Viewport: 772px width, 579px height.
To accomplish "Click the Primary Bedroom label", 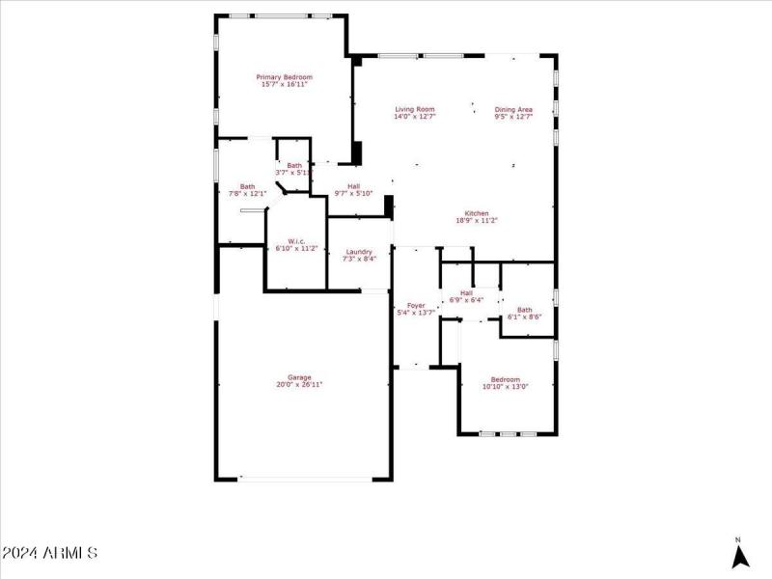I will coord(284,77).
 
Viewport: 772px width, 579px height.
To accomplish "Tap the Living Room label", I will coord(415,109).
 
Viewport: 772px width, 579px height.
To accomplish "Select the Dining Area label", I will coord(513,109).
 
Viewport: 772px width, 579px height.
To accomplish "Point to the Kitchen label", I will coord(477,213).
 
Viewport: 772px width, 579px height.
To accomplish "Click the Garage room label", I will coord(299,377).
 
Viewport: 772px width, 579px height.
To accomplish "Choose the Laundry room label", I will coord(360,252).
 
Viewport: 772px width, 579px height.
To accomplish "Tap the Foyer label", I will coord(416,305).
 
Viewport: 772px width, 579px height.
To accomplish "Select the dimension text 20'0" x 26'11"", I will coord(299,385).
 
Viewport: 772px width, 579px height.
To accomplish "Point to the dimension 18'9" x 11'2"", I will coord(477,221).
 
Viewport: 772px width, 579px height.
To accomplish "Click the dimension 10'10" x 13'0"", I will coord(506,387).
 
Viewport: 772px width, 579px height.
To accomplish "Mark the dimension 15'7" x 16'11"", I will coord(284,85).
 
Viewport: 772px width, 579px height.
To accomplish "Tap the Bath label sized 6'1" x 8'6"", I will coord(524,310).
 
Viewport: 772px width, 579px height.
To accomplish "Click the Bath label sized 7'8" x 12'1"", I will coord(248,186).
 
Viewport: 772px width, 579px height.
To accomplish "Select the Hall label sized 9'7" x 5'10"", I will coord(353,186).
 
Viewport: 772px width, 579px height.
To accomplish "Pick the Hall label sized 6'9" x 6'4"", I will coord(466,292).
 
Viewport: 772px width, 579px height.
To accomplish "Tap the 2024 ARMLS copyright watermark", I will coord(50,553).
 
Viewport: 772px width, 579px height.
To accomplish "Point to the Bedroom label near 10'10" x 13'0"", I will coord(506,379).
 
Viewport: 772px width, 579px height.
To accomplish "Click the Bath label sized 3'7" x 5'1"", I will coord(294,165).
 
